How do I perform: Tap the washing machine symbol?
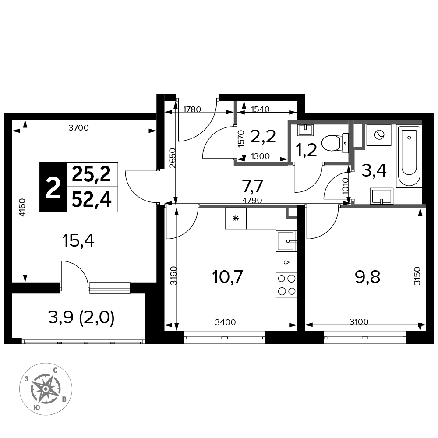point(379,135)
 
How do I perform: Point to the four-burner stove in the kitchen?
point(286,285)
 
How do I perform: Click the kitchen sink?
point(286,241)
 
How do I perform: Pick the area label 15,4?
point(78,241)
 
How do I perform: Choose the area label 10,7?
point(227,277)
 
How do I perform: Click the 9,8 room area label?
point(367,277)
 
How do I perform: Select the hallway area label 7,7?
point(253,186)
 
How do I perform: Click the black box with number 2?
point(53,187)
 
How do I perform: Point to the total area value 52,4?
point(92,200)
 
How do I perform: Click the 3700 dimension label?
point(78,127)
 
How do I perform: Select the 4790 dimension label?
point(252,200)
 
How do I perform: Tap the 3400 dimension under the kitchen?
point(226,322)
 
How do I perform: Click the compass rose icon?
point(46,389)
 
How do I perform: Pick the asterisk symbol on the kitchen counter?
point(236,219)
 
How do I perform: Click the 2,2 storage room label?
point(263,137)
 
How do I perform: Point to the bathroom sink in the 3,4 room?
point(381,196)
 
